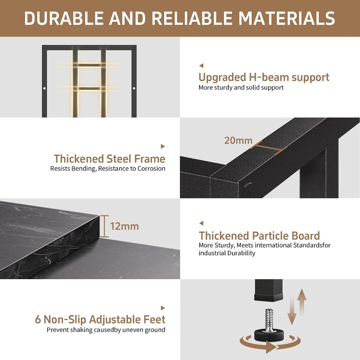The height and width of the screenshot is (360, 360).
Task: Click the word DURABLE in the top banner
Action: (64, 18)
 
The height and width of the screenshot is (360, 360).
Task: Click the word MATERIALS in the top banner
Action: (287, 18)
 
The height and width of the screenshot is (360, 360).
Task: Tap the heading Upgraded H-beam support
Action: (264, 77)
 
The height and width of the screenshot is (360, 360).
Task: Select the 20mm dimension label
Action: (238, 141)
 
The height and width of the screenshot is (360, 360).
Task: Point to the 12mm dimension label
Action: (125, 226)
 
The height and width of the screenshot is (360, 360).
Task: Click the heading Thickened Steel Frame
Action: (110, 159)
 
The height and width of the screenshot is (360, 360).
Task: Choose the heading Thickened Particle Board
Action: (259, 236)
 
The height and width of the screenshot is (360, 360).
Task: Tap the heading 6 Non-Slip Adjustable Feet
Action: (100, 319)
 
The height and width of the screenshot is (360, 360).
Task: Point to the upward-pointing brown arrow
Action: (302, 302)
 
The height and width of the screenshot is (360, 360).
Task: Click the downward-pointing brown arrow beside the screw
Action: (292, 311)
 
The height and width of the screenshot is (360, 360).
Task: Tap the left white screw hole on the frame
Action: (44, 88)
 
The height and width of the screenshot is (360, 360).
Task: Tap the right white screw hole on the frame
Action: (134, 88)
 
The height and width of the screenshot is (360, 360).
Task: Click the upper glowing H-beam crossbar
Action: (89, 65)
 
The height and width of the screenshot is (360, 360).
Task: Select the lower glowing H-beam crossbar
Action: (89, 88)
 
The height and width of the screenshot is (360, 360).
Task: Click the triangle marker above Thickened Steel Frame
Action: (163, 146)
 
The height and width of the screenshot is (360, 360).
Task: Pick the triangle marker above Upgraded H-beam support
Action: (201, 66)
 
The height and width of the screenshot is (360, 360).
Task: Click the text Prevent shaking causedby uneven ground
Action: (106, 330)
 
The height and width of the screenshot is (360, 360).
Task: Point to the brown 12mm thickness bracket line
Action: (104, 226)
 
